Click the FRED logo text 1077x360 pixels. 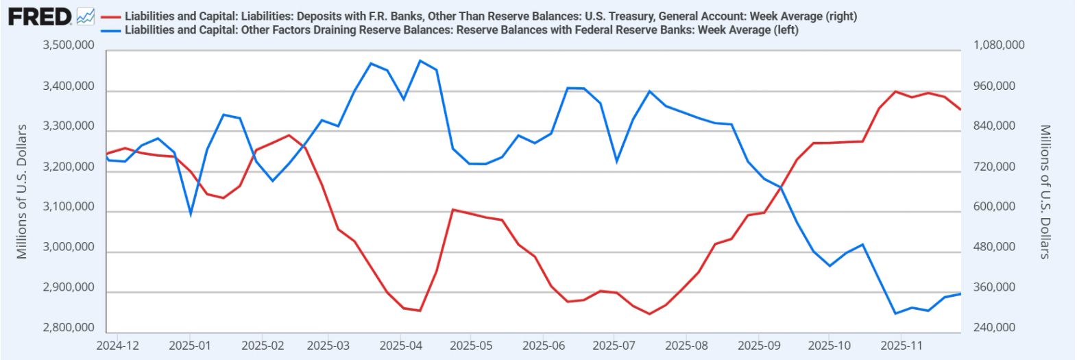(x=40, y=16)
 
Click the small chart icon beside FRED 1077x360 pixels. (x=86, y=16)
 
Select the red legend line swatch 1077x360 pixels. (x=110, y=16)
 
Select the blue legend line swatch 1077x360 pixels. (x=110, y=30)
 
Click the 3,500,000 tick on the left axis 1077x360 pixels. (x=69, y=45)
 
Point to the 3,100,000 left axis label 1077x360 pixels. (x=69, y=207)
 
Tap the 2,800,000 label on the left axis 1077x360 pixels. (x=69, y=328)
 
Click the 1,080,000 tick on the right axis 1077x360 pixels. (x=999, y=45)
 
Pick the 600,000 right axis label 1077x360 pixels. (x=994, y=207)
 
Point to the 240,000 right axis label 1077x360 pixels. (x=994, y=328)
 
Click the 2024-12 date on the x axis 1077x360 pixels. (x=117, y=346)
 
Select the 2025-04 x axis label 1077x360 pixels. (x=401, y=346)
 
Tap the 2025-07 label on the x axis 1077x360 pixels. (x=614, y=346)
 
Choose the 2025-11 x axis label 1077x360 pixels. (x=901, y=346)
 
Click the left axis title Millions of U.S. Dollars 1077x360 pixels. (x=22, y=191)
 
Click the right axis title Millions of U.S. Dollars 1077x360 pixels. (x=1045, y=191)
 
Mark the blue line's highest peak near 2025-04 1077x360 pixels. (x=420, y=60)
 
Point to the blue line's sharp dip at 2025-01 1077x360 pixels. (x=191, y=215)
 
